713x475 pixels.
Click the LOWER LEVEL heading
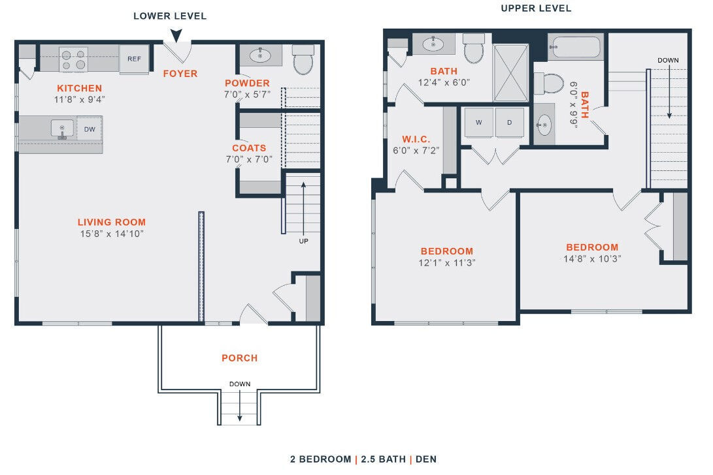tap(170, 16)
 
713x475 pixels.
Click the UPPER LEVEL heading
tap(536, 8)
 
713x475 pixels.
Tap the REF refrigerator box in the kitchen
tap(134, 59)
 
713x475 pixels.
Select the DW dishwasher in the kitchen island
tap(90, 129)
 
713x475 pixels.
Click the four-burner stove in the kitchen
tap(74, 59)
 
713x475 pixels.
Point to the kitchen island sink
tap(62, 129)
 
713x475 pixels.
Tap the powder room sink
tap(260, 56)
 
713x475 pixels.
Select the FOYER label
tap(180, 74)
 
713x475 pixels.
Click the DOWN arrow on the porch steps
tap(239, 405)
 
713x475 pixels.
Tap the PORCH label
tap(239, 358)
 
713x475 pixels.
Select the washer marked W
tap(478, 123)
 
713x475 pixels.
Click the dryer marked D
tap(509, 123)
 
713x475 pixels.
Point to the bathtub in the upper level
tap(575, 48)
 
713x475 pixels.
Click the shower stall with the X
tap(512, 72)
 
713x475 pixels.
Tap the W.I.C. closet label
tap(416, 139)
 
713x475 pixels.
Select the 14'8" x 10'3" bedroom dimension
tap(592, 258)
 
